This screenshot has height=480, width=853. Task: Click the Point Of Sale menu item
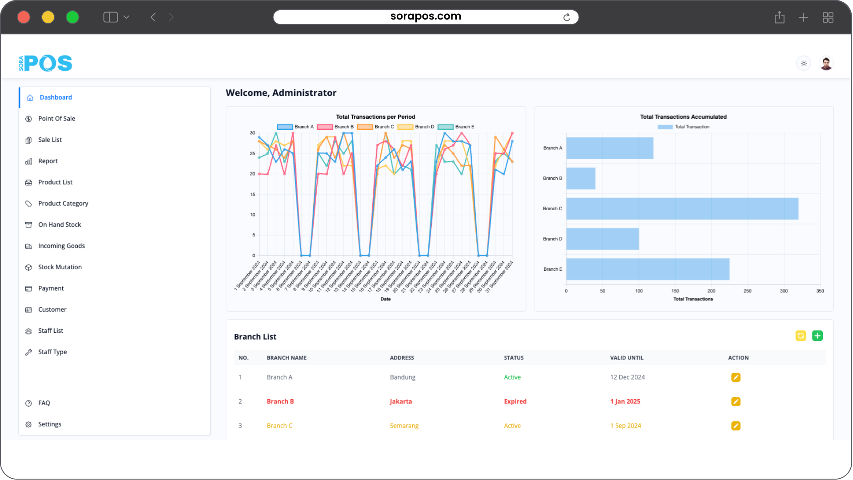tap(56, 119)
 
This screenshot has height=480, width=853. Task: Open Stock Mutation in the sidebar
tap(60, 267)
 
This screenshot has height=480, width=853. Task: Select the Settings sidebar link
tap(49, 424)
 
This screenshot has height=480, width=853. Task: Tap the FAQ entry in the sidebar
tap(44, 403)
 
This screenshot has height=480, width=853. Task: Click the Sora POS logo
tap(45, 63)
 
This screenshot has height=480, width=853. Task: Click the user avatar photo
tap(826, 64)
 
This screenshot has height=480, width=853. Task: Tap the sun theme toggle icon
tap(804, 64)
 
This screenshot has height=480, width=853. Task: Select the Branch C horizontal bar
tap(682, 209)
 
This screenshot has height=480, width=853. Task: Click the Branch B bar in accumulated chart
tap(581, 179)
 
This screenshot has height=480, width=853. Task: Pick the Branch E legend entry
tap(456, 127)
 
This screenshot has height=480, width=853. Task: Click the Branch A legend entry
tap(295, 127)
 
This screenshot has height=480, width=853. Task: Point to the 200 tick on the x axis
tap(711, 291)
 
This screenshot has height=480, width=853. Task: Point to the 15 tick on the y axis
tap(252, 195)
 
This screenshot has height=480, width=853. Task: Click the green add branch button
tap(817, 336)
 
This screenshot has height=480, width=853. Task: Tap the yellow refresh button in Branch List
tap(801, 336)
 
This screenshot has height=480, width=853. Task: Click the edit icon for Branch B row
tap(736, 402)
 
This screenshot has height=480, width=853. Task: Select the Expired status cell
tap(515, 402)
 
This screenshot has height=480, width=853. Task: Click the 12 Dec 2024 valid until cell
tap(627, 377)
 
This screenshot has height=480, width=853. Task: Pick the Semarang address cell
tap(404, 426)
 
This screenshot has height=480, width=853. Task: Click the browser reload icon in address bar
tap(566, 17)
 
